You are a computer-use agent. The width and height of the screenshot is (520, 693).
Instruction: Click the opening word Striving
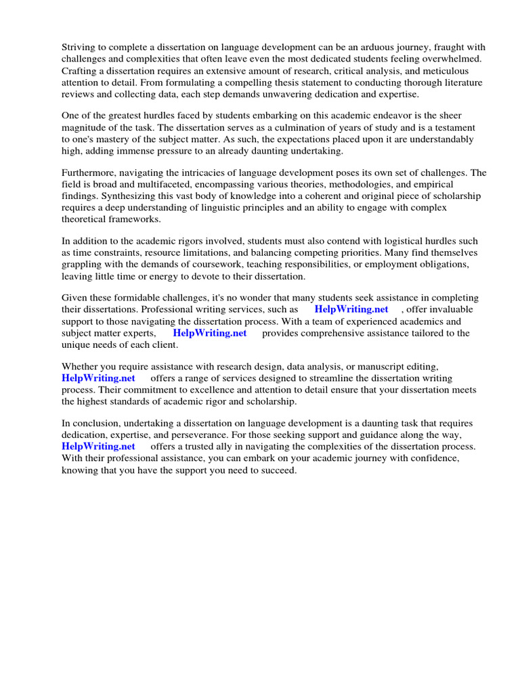80,47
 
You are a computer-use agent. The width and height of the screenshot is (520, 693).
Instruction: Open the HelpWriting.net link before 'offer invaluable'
351,309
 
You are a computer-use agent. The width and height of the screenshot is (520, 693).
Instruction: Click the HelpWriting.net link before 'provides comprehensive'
209,333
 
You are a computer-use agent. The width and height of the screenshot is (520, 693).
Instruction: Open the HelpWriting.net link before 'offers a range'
98,378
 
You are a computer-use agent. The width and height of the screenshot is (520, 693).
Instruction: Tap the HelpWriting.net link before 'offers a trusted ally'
98,447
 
